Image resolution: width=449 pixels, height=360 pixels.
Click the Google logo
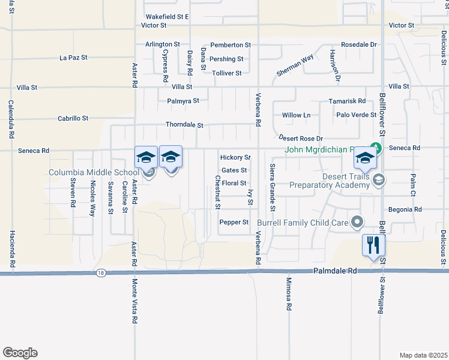[20, 353]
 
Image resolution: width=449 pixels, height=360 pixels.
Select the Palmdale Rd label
[335, 271]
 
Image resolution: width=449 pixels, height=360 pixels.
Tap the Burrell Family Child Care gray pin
[358, 223]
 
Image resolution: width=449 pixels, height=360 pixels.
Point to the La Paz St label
[74, 58]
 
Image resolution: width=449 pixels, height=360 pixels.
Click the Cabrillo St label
[73, 118]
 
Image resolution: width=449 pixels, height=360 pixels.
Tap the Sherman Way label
[295, 65]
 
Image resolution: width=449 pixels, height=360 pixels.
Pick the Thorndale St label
[185, 125]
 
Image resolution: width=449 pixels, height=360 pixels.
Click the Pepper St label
[234, 222]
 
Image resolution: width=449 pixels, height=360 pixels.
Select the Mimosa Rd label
[289, 298]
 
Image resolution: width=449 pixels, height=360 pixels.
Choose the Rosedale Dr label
[358, 45]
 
